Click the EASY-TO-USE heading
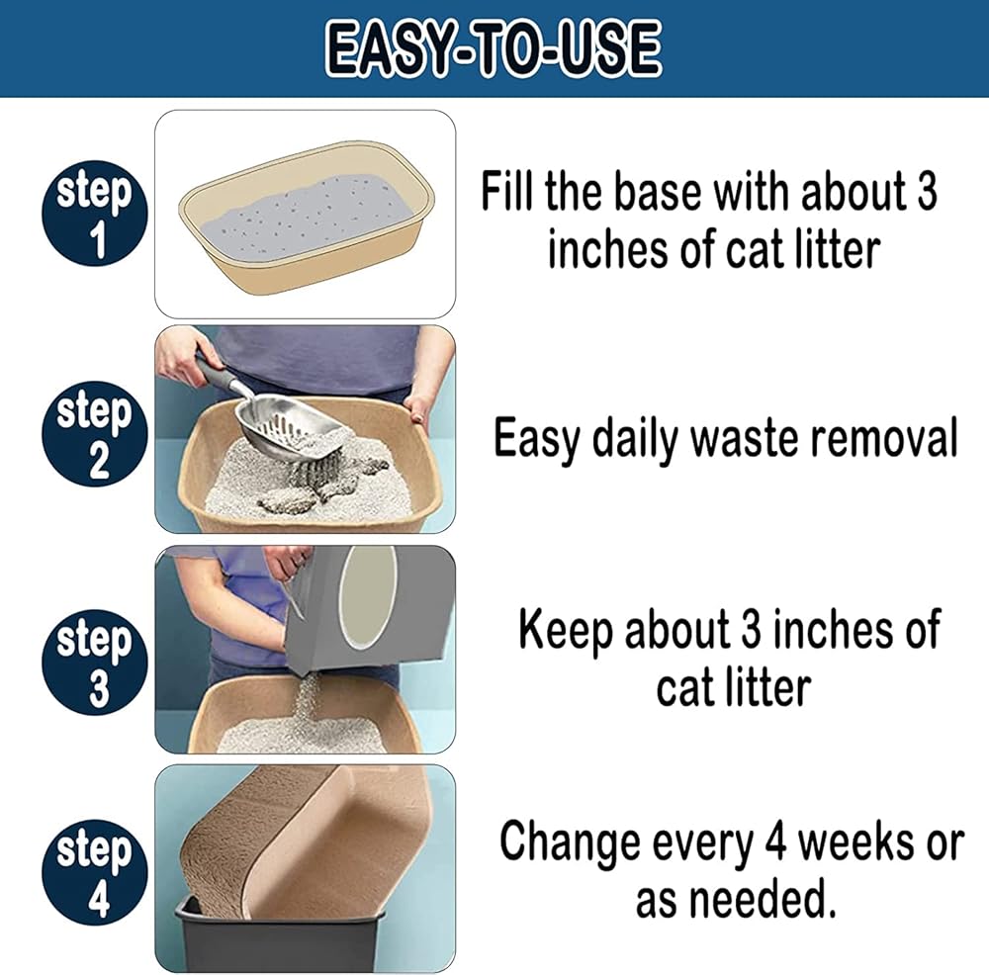[x=494, y=48]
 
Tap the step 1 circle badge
[x=95, y=214]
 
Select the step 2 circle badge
[x=95, y=433]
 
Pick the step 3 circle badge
[x=95, y=662]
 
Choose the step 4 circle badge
[x=95, y=872]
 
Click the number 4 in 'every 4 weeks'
[x=775, y=842]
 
